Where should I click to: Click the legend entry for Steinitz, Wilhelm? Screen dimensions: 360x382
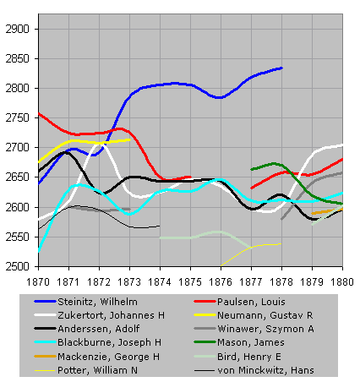[x=97, y=302]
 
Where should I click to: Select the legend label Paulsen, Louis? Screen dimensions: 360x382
[x=251, y=302]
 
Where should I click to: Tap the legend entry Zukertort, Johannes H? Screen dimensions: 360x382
[x=111, y=315]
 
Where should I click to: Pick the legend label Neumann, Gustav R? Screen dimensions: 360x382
[x=265, y=315]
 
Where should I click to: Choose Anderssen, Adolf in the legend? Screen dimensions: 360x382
[x=99, y=329]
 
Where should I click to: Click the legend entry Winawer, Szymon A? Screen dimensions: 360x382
[x=265, y=329]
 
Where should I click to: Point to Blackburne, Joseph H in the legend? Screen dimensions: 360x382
[x=109, y=342]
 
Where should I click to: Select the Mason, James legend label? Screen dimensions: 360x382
[x=251, y=342]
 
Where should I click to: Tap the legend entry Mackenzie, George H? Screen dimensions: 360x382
[x=108, y=357]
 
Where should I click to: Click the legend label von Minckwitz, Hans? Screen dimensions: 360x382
[x=265, y=370]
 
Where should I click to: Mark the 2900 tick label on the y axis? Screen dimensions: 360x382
[x=18, y=29]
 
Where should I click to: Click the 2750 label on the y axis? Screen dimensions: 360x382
[x=18, y=117]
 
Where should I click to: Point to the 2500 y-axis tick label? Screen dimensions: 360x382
[x=18, y=266]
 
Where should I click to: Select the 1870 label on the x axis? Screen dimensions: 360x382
[x=38, y=282]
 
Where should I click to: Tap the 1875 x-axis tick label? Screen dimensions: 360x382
[x=190, y=282]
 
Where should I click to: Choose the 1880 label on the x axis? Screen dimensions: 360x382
[x=342, y=282]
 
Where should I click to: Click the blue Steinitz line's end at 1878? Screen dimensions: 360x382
[x=281, y=68]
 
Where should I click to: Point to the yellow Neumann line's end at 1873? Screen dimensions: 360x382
[x=129, y=139]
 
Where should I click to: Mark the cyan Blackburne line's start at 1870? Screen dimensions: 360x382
[x=39, y=251]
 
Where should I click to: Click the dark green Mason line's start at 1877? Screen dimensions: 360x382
[x=252, y=169]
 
